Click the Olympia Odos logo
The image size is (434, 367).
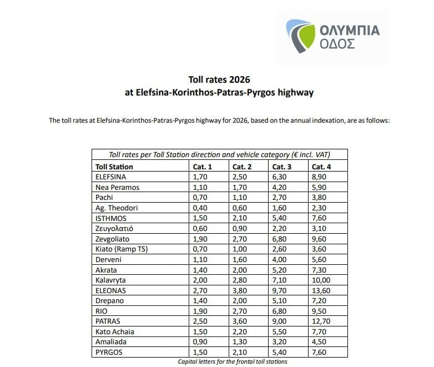(x=334, y=36)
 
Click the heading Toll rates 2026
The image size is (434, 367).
(x=219, y=79)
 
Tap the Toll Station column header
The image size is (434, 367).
(x=114, y=167)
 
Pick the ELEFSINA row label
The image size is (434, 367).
(x=111, y=177)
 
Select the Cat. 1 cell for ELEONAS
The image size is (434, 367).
(x=199, y=290)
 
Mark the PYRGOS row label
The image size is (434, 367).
(x=109, y=353)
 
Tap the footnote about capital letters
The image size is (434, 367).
(x=233, y=362)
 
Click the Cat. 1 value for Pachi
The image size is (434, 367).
(x=199, y=197)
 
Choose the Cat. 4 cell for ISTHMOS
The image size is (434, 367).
(x=320, y=218)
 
